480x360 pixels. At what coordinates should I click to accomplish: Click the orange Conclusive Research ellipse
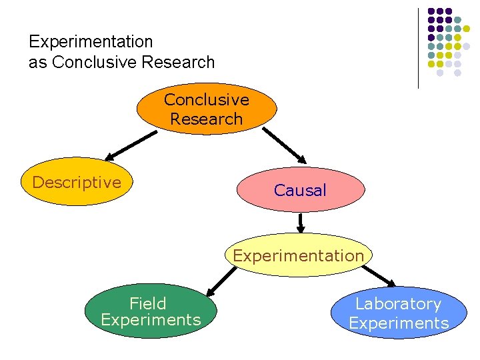tap(206, 109)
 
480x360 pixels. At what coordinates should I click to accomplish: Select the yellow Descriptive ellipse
tap(77, 182)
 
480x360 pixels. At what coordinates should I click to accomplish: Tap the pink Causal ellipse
tap(300, 190)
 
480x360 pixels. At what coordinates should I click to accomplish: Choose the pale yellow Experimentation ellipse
tap(299, 255)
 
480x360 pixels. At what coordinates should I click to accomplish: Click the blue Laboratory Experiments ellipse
tap(399, 313)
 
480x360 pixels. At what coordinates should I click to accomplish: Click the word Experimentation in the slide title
tap(91, 41)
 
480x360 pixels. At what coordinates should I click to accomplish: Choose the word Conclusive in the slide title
tap(94, 63)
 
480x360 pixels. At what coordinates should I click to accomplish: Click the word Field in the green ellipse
tap(148, 304)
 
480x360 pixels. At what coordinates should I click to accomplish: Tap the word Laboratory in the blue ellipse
tap(398, 304)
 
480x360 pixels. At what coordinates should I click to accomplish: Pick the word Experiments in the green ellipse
tap(151, 320)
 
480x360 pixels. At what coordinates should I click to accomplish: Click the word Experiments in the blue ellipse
tap(399, 323)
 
